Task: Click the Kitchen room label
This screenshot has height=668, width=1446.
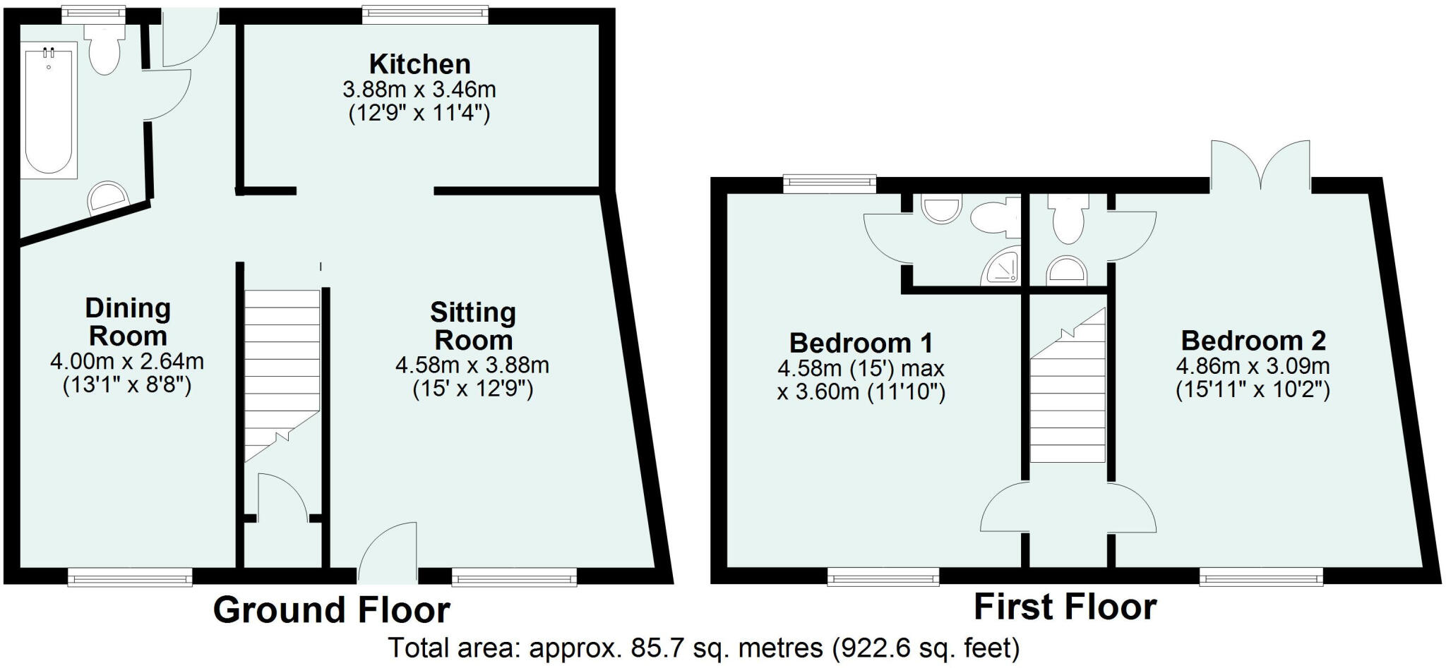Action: coord(419,64)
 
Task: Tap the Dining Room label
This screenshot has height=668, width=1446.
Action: coord(128,322)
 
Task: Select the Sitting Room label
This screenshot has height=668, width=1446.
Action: coord(473,326)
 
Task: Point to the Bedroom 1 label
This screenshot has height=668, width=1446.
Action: coord(861,343)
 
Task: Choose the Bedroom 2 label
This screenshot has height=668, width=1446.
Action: coord(1253,341)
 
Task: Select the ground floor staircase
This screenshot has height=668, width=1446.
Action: coord(282,374)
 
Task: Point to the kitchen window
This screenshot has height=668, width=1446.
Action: coord(425,13)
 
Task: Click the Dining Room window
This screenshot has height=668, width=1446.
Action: coord(130,578)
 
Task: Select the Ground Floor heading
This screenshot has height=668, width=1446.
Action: coord(331,610)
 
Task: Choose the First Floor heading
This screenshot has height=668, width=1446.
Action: coord(1065,607)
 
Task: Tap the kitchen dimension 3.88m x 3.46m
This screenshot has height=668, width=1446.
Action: coord(419,90)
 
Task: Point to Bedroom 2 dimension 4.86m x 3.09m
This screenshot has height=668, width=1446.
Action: coord(1253,367)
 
